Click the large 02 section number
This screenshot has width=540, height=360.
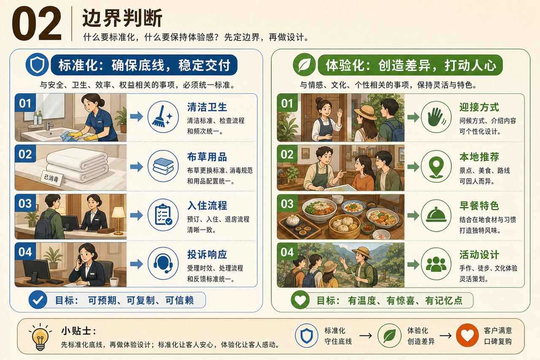[37, 24]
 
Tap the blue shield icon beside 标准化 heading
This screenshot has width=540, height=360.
[37, 65]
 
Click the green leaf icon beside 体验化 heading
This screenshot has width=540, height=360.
[304, 65]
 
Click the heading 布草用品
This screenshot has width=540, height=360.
[207, 157]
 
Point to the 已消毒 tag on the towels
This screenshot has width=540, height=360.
[52, 179]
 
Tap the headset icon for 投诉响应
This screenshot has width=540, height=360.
[163, 263]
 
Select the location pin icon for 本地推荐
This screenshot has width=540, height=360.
[436, 166]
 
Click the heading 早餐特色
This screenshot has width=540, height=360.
[479, 206]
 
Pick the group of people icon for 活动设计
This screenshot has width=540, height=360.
[436, 264]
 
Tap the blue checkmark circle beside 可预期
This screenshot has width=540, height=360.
[38, 300]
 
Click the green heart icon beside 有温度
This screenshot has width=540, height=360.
[300, 300]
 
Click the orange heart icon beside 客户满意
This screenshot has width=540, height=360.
[467, 336]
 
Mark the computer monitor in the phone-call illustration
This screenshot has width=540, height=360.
[36, 270]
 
